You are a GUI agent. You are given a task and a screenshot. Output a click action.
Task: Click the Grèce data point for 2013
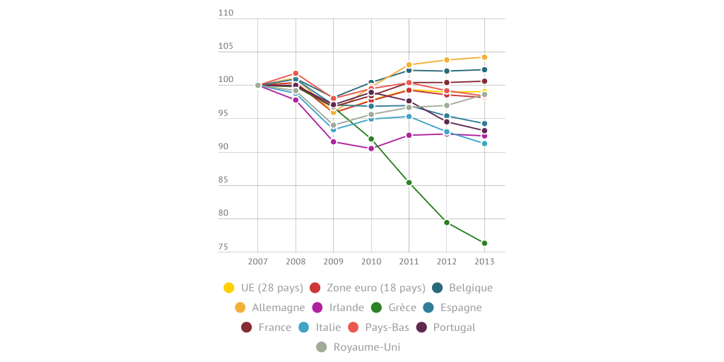[x=484, y=243]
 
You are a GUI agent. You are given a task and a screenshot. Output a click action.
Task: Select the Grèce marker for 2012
[x=447, y=223]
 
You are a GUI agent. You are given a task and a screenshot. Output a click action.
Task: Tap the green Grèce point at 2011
[x=409, y=183]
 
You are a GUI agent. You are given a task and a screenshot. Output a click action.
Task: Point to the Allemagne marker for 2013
[x=484, y=57]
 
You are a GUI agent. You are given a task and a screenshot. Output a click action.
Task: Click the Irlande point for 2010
[x=371, y=148]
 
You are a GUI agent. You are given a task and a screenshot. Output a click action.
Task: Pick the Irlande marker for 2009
[x=334, y=142]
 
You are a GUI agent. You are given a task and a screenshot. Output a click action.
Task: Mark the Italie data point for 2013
[x=484, y=144]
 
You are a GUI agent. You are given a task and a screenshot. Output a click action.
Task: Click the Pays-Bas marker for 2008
[x=296, y=74]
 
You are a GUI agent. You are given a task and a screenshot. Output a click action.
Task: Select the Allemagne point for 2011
[x=409, y=65]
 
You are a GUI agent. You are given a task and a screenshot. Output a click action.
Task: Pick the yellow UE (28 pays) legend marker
[x=229, y=288]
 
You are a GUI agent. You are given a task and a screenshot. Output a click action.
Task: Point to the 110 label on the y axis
[x=226, y=13]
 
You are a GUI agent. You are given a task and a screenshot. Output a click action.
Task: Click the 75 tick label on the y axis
[x=223, y=247]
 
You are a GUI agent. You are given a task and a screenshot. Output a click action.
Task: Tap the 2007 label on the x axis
[x=258, y=262]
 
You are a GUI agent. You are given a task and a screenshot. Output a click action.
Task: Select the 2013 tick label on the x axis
[x=484, y=262]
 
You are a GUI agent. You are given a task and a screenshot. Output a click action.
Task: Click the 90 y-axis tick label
[x=223, y=147]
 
